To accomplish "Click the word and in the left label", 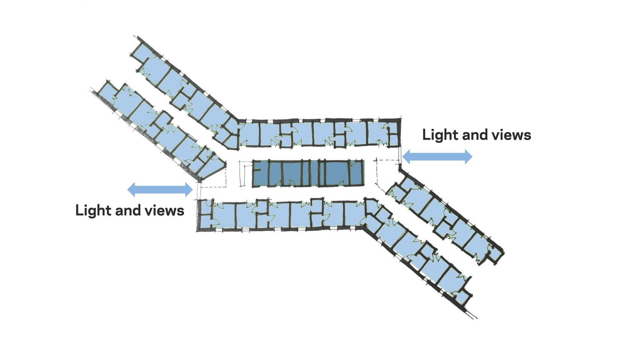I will (127, 211).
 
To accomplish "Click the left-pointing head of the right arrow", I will (407, 156).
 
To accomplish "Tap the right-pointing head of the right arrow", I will (468, 156).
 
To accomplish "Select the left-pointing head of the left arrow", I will (132, 189).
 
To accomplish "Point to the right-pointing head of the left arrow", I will (188, 189).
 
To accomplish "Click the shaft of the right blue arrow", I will (437, 156).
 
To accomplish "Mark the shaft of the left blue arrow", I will (160, 189).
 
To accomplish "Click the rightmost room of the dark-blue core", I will (355, 173).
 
